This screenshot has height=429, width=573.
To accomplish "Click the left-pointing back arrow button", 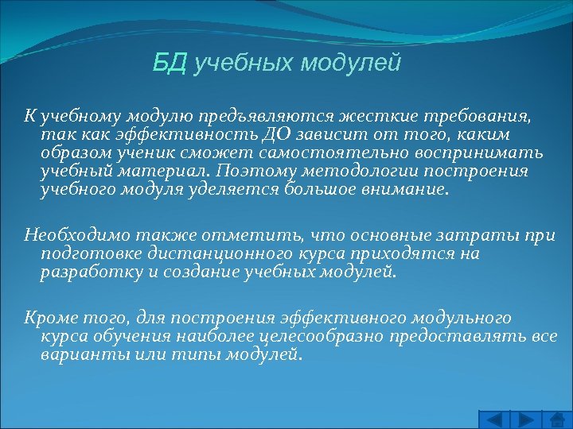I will click(x=494, y=419).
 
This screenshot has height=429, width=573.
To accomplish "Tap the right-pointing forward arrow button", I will click(x=525, y=419).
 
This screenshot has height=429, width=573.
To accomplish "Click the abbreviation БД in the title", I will click(x=170, y=63).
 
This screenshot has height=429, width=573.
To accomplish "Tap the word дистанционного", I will click(x=204, y=253).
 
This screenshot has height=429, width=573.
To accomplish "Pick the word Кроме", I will click(x=45, y=317).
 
